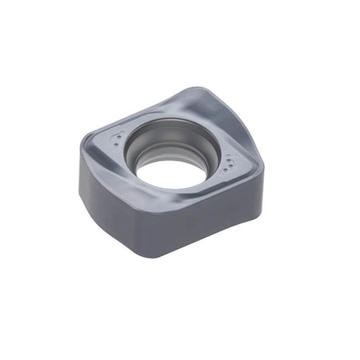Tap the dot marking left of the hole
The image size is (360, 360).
118,143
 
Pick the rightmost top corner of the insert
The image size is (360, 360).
262,166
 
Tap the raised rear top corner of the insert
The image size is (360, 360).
210,90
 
